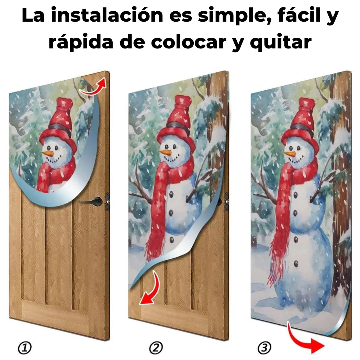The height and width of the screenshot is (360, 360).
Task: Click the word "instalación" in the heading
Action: tap(107, 15)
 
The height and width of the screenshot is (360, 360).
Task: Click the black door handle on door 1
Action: tap(91, 202)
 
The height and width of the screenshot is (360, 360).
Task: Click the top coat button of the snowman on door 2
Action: tap(171, 194)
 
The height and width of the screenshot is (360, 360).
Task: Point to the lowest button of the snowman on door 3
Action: tap(296, 263)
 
